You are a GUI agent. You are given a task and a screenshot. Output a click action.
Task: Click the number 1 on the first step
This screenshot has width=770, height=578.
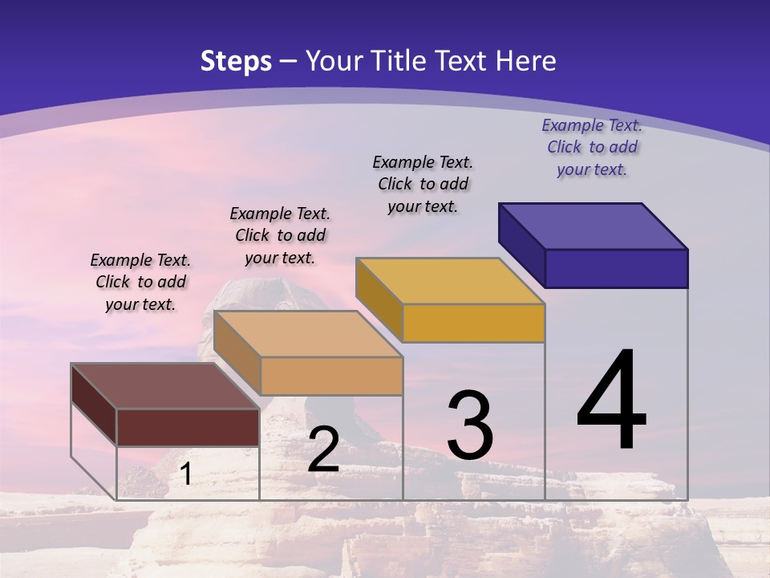pyautogui.click(x=185, y=474)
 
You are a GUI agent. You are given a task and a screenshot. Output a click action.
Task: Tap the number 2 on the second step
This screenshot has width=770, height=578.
pyautogui.click(x=323, y=450)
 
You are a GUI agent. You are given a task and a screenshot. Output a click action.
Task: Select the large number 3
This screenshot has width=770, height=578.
pyautogui.click(x=470, y=425)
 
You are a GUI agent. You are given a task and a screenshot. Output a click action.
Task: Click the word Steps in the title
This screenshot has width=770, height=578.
pyautogui.click(x=236, y=61)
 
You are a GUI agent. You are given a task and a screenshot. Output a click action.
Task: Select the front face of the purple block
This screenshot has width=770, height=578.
pyautogui.click(x=616, y=268)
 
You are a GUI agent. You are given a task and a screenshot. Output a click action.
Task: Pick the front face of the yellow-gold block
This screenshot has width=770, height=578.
pyautogui.click(x=473, y=323)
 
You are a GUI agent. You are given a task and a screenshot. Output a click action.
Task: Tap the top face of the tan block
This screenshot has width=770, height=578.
pyautogui.click(x=307, y=334)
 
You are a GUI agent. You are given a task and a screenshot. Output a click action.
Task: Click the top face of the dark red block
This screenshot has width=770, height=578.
pyautogui.click(x=164, y=386)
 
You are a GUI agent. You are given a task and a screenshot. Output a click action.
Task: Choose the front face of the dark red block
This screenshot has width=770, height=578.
pyautogui.click(x=188, y=427)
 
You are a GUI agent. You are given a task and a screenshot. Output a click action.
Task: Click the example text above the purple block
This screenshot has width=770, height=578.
pyautogui.click(x=592, y=147)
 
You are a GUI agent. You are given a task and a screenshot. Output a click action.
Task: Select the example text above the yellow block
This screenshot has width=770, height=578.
pyautogui.click(x=423, y=184)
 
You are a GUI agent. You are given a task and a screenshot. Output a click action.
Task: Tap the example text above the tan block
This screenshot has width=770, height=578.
pyautogui.click(x=280, y=235)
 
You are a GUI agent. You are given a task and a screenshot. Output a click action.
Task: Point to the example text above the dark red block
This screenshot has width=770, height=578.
pyautogui.click(x=140, y=282)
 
